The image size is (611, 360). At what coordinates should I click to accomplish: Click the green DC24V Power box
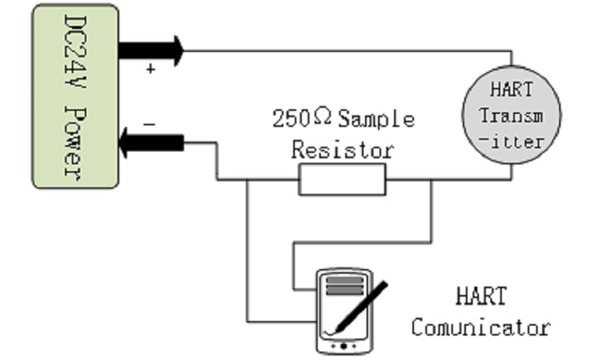(x=75, y=96)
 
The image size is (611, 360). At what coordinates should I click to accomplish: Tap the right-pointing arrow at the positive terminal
(x=152, y=51)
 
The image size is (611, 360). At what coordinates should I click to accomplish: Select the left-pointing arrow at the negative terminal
(x=151, y=143)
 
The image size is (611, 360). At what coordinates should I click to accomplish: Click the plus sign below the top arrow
(x=150, y=70)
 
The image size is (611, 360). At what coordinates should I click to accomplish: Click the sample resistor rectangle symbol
(x=342, y=180)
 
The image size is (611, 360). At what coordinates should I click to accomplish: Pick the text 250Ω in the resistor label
(x=302, y=119)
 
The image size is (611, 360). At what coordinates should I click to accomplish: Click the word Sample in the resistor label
(x=376, y=119)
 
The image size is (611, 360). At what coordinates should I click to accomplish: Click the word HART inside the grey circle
(x=511, y=89)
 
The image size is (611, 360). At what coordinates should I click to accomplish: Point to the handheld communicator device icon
(x=346, y=310)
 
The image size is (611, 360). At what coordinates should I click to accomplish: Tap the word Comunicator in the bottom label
(x=480, y=328)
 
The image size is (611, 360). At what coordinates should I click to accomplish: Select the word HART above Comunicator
(x=480, y=296)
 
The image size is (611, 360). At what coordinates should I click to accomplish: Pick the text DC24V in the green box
(x=74, y=54)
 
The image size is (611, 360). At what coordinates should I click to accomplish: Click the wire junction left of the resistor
(x=247, y=180)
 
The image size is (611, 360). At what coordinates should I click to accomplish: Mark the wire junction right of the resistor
(x=432, y=180)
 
